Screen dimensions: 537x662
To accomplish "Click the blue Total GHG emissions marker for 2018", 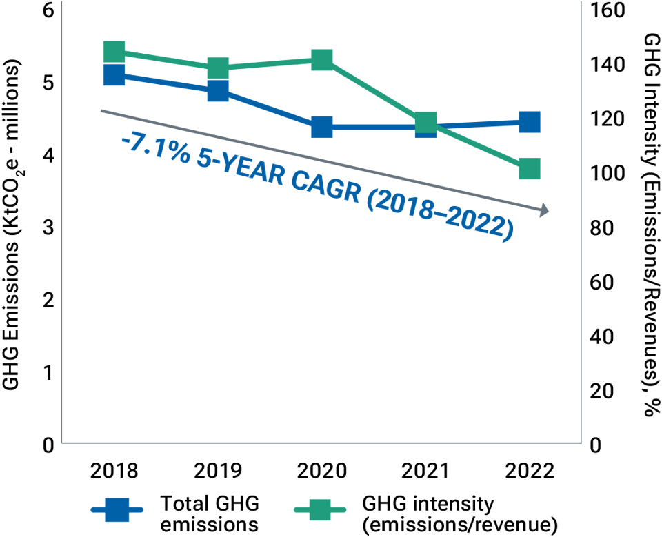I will [114, 74].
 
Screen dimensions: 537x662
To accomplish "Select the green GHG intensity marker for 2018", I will [114, 52].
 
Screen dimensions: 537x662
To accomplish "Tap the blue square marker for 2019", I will [218, 90].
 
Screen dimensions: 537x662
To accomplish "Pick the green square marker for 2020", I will [321, 60].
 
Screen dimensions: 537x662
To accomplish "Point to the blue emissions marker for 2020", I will [321, 127].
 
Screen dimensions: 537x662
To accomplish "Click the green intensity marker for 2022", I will [529, 168].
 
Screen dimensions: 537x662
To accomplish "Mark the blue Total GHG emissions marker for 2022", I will [529, 122].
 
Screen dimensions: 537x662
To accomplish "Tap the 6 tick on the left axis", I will [47, 10].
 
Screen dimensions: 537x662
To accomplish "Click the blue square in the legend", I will [117, 511].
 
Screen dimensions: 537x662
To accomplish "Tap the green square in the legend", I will [320, 511].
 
